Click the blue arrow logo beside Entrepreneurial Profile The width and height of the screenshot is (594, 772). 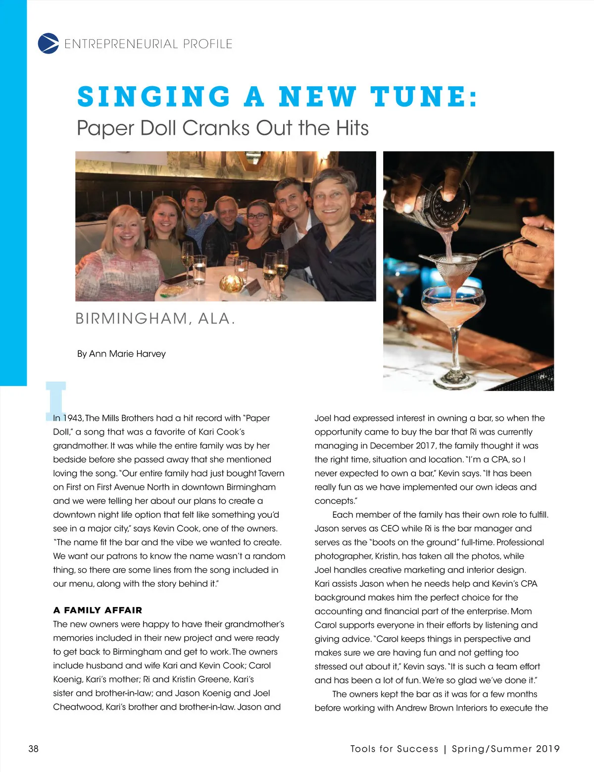tap(48, 44)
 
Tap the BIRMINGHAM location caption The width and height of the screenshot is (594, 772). tap(131, 319)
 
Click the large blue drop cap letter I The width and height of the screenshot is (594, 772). tap(55, 399)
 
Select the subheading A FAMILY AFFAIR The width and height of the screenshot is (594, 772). tap(98, 610)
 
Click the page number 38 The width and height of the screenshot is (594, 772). tap(33, 749)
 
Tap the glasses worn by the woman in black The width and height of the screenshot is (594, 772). tap(258, 216)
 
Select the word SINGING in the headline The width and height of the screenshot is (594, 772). tap(154, 97)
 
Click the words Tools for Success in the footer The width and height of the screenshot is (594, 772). tap(394, 749)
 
